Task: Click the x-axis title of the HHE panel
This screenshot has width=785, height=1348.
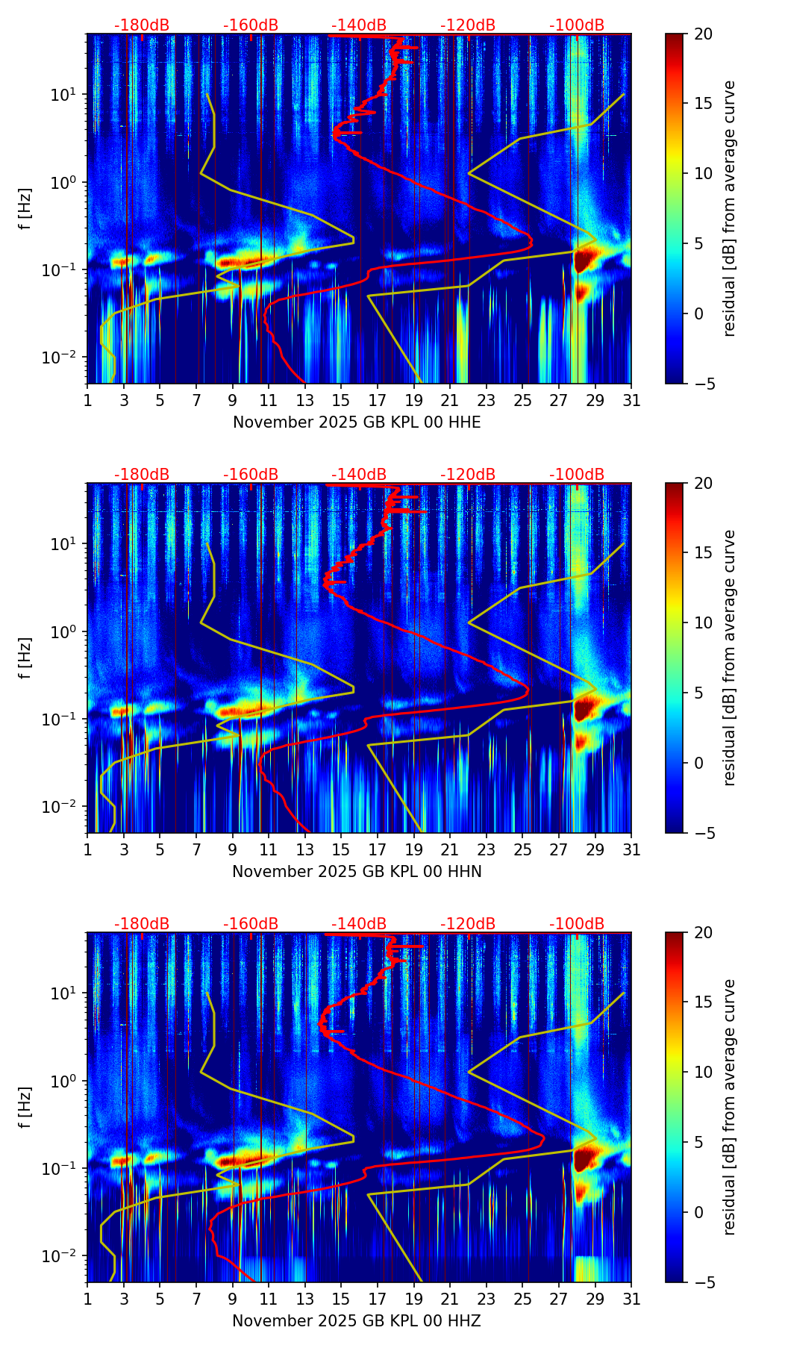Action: (357, 422)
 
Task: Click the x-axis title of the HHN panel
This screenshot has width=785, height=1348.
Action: (357, 872)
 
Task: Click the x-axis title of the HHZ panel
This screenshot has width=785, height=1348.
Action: (357, 1321)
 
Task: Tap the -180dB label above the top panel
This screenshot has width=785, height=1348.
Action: (142, 25)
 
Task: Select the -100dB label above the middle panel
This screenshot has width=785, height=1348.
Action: (577, 475)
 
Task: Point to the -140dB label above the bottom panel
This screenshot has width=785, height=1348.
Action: (359, 924)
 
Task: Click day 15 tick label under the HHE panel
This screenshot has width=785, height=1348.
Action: (341, 400)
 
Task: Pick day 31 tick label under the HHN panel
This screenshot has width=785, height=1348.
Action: (631, 849)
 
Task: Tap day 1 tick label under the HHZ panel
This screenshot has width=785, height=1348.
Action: (88, 1299)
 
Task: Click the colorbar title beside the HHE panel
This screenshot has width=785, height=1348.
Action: (730, 208)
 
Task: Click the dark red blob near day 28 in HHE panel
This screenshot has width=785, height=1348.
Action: (585, 260)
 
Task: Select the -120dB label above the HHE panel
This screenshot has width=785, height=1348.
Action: (468, 25)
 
